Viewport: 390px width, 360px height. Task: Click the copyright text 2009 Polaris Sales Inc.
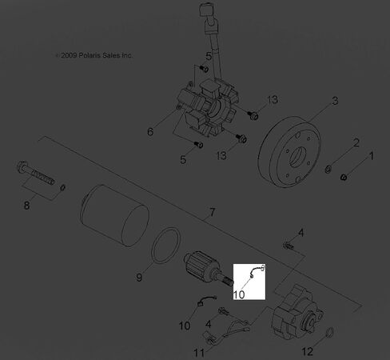pyautogui.click(x=94, y=55)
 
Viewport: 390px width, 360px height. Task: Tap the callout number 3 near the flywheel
pyautogui.click(x=335, y=101)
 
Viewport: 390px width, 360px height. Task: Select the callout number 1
pyautogui.click(x=372, y=156)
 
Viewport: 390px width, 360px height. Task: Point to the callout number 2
pyautogui.click(x=356, y=143)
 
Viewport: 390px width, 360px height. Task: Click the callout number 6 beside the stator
pyautogui.click(x=150, y=132)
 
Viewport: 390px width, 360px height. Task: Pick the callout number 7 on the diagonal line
pyautogui.click(x=212, y=213)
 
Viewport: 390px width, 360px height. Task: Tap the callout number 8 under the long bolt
pyautogui.click(x=26, y=206)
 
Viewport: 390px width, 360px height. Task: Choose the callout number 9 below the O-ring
pyautogui.click(x=139, y=278)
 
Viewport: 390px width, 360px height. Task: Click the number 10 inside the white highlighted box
pyautogui.click(x=239, y=294)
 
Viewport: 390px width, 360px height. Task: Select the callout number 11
pyautogui.click(x=199, y=353)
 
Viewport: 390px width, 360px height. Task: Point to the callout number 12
pyautogui.click(x=308, y=352)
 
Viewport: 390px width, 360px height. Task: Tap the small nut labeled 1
pyautogui.click(x=344, y=177)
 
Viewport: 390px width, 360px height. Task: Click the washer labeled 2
pyautogui.click(x=328, y=169)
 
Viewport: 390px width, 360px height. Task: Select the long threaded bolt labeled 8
pyautogui.click(x=36, y=173)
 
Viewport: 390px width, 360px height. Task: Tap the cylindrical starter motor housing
pyautogui.click(x=114, y=215)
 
